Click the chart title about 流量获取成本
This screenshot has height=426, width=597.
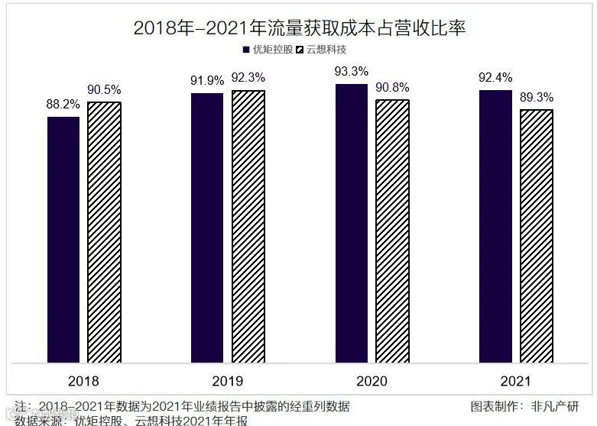pyautogui.click(x=299, y=28)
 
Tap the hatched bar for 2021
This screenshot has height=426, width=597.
pyautogui.click(x=537, y=236)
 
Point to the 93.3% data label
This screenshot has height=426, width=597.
pyautogui.click(x=351, y=72)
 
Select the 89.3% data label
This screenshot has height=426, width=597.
pyautogui.click(x=537, y=98)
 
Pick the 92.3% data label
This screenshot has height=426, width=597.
pyautogui.click(x=248, y=79)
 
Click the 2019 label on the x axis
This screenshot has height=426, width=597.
pyautogui.click(x=227, y=380)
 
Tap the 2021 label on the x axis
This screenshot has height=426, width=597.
pyautogui.click(x=515, y=380)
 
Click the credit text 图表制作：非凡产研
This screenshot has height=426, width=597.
pyautogui.click(x=524, y=405)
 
